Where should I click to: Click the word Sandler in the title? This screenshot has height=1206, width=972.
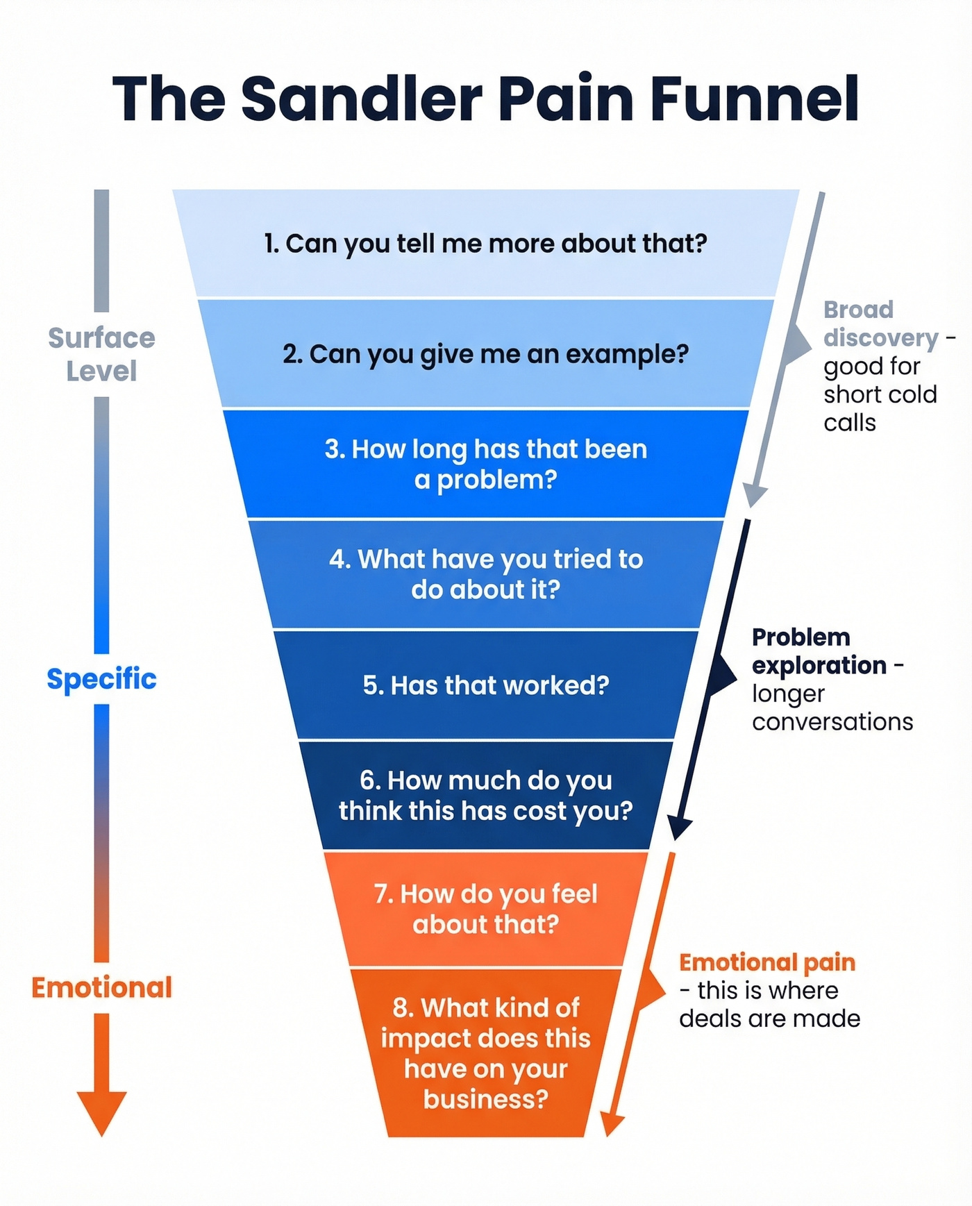click(361, 99)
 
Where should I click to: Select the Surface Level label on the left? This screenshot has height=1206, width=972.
click(101, 354)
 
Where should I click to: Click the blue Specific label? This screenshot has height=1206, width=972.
click(101, 678)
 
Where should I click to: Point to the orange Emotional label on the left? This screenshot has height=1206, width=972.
click(101, 987)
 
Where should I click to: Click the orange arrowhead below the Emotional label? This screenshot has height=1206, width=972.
click(101, 1111)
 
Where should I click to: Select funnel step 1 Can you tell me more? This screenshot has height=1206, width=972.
click(486, 244)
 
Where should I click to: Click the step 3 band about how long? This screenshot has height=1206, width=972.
click(486, 464)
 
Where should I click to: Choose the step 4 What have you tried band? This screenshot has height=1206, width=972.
click(486, 574)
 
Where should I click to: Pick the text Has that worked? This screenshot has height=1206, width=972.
click(486, 685)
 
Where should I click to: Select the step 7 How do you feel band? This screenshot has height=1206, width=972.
click(486, 909)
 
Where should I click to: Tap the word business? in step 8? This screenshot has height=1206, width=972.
click(486, 1099)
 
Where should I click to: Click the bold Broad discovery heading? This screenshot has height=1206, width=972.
click(880, 324)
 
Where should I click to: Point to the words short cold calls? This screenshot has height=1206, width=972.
click(880, 408)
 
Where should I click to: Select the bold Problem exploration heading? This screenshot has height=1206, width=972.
click(819, 651)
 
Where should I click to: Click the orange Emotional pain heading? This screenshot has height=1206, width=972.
click(767, 962)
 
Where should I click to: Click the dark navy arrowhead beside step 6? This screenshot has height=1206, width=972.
click(680, 828)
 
